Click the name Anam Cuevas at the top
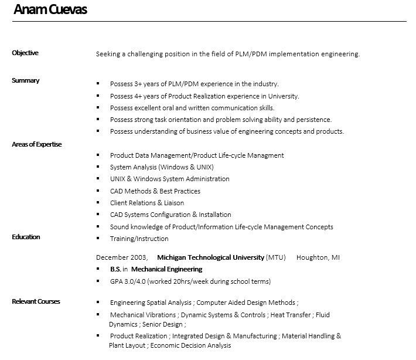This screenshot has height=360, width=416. pyautogui.click(x=50, y=10)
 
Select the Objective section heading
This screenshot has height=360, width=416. pyautogui.click(x=25, y=53)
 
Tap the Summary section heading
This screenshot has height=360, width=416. pyautogui.click(x=26, y=80)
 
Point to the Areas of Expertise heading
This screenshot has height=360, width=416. pyautogui.click(x=37, y=144)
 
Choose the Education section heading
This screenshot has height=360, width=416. pyautogui.click(x=26, y=237)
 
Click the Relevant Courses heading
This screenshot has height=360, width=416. pyautogui.click(x=36, y=301)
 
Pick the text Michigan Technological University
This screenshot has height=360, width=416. pyautogui.click(x=211, y=257)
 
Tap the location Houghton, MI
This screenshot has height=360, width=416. pyautogui.click(x=318, y=257)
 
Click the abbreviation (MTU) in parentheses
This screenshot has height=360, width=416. pyautogui.click(x=276, y=257)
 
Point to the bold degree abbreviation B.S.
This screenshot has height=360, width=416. pyautogui.click(x=115, y=269)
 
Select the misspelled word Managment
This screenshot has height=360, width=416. pyautogui.click(x=265, y=155)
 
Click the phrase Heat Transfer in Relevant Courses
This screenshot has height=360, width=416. pyautogui.click(x=289, y=315)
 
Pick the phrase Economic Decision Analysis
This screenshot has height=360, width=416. pyautogui.click(x=190, y=345)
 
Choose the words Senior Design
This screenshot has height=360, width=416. pyautogui.click(x=163, y=324)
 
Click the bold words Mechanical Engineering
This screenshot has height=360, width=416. pyautogui.click(x=167, y=269)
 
